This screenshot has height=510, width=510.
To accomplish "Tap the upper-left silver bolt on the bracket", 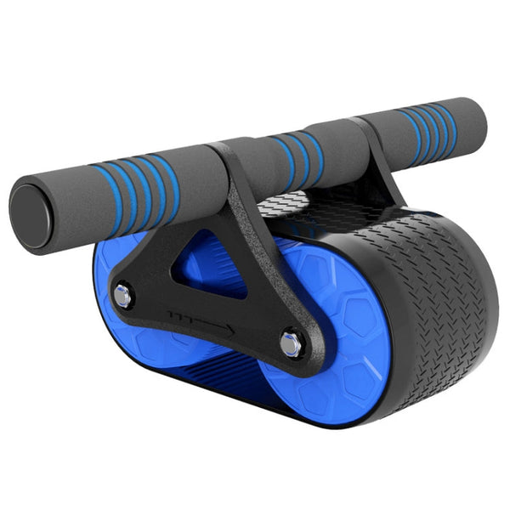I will click(x=123, y=297).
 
